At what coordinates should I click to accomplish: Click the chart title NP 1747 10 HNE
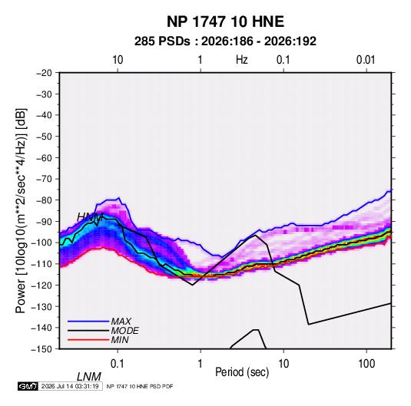point(225,21)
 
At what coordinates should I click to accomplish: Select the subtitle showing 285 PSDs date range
point(225,41)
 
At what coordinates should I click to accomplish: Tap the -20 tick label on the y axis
point(45,73)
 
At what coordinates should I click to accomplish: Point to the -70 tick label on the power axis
point(45,179)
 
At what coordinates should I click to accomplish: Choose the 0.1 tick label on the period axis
point(118,364)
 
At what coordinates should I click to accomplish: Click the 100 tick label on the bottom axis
point(366,364)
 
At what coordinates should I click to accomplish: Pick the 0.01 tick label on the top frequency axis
point(366,60)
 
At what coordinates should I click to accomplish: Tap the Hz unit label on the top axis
point(242,60)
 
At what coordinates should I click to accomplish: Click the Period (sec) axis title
point(242,372)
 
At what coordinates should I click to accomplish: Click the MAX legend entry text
point(121,321)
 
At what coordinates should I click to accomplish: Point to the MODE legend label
point(124,331)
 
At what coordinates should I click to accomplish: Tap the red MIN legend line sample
point(88,340)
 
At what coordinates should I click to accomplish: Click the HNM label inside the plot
point(90,217)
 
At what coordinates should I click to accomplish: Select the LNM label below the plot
point(89,377)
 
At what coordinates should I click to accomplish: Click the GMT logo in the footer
point(28,386)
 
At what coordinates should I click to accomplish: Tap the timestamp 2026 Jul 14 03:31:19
point(70,386)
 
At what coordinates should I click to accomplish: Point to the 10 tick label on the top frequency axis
point(118,60)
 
